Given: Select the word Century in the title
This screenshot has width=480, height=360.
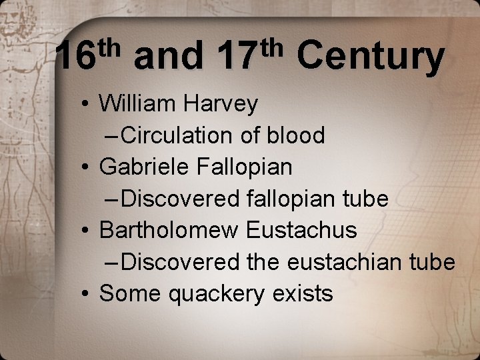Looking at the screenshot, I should pyautogui.click(x=370, y=57).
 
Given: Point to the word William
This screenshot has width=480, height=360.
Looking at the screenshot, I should pyautogui.click(x=135, y=104).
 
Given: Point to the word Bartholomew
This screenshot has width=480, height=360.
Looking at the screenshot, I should pyautogui.click(x=169, y=230).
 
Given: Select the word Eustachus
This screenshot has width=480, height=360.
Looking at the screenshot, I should pyautogui.click(x=301, y=230).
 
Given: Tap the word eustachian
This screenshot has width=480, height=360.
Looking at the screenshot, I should pyautogui.click(x=351, y=262).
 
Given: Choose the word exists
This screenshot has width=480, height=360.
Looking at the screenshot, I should pyautogui.click(x=304, y=293).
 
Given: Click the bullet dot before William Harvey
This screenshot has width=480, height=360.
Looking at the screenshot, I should pyautogui.click(x=87, y=105).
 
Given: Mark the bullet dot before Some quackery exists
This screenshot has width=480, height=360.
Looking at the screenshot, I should pyautogui.click(x=87, y=294).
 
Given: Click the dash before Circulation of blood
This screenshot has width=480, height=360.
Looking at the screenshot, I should pyautogui.click(x=113, y=136).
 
